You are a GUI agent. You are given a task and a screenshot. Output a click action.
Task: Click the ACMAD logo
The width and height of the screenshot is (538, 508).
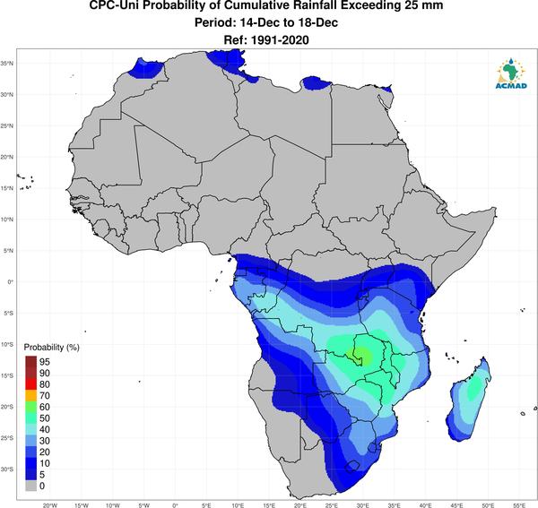pyautogui.click(x=511, y=73)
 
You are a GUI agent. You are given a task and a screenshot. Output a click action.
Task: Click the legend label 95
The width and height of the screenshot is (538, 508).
pyautogui.click(x=45, y=362)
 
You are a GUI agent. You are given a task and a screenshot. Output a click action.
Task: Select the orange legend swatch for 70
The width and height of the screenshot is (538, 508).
pyautogui.click(x=30, y=396)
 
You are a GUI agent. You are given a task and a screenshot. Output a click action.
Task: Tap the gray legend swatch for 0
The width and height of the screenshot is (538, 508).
pyautogui.click(x=30, y=486)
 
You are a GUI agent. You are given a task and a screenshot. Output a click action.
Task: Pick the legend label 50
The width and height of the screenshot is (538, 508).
pyautogui.click(x=45, y=418)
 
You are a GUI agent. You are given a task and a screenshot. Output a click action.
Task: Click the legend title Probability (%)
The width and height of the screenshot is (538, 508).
pyautogui.click(x=51, y=348)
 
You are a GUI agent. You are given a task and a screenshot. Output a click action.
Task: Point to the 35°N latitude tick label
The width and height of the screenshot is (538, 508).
pyautogui.click(x=7, y=64)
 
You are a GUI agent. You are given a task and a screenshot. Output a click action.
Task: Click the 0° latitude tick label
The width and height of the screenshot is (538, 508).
pyautogui.click(x=10, y=281)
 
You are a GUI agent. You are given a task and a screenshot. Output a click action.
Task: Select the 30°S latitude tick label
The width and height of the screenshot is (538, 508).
pyautogui.click(x=7, y=469)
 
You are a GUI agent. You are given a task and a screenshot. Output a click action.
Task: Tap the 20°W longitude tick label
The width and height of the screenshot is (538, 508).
pyautogui.click(x=50, y=505)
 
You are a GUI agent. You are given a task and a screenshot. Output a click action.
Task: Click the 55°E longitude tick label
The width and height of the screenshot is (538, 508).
pyautogui.click(x=519, y=505)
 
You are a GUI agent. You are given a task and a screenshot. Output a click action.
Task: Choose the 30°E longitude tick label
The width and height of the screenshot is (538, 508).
pyautogui.click(x=362, y=505)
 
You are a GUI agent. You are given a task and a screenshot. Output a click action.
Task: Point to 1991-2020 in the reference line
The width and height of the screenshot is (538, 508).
pyautogui.click(x=280, y=40)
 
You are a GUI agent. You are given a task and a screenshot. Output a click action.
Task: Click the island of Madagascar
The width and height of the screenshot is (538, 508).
pyautogui.click(x=469, y=400)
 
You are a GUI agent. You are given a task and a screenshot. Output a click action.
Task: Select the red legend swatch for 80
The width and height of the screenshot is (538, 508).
pyautogui.click(x=30, y=384)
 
